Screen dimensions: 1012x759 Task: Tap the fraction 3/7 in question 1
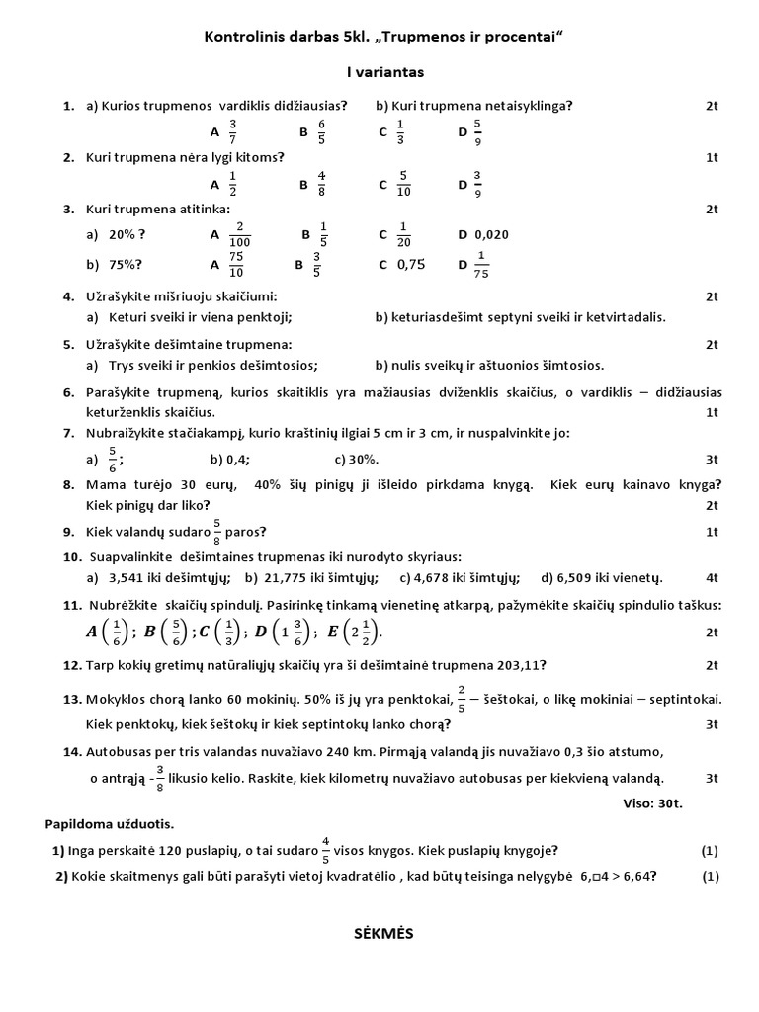(232, 130)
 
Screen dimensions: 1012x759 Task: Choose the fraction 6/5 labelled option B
(321, 130)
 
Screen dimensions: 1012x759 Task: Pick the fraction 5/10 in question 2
(403, 183)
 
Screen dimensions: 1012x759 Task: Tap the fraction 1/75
(482, 264)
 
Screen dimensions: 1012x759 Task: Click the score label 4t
(712, 577)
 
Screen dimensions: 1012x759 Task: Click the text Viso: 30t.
(653, 803)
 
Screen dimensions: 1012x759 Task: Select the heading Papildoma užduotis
(109, 823)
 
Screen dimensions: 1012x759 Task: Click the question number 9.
(68, 532)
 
